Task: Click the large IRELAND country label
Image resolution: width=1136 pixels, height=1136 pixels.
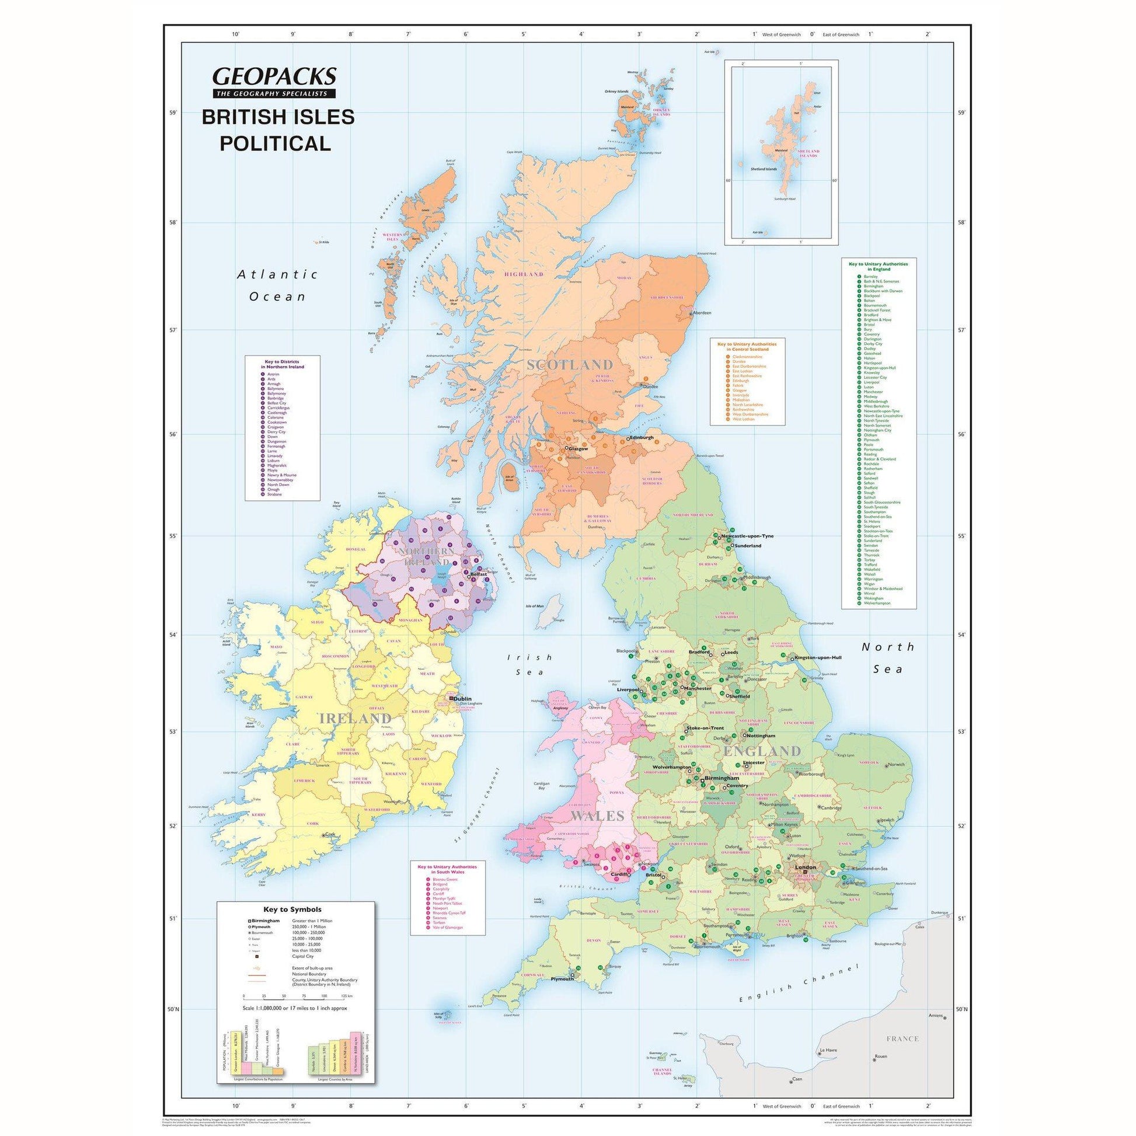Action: point(354,719)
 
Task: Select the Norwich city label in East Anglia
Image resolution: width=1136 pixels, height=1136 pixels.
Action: point(896,764)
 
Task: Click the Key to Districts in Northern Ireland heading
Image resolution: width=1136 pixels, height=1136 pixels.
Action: point(283,364)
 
